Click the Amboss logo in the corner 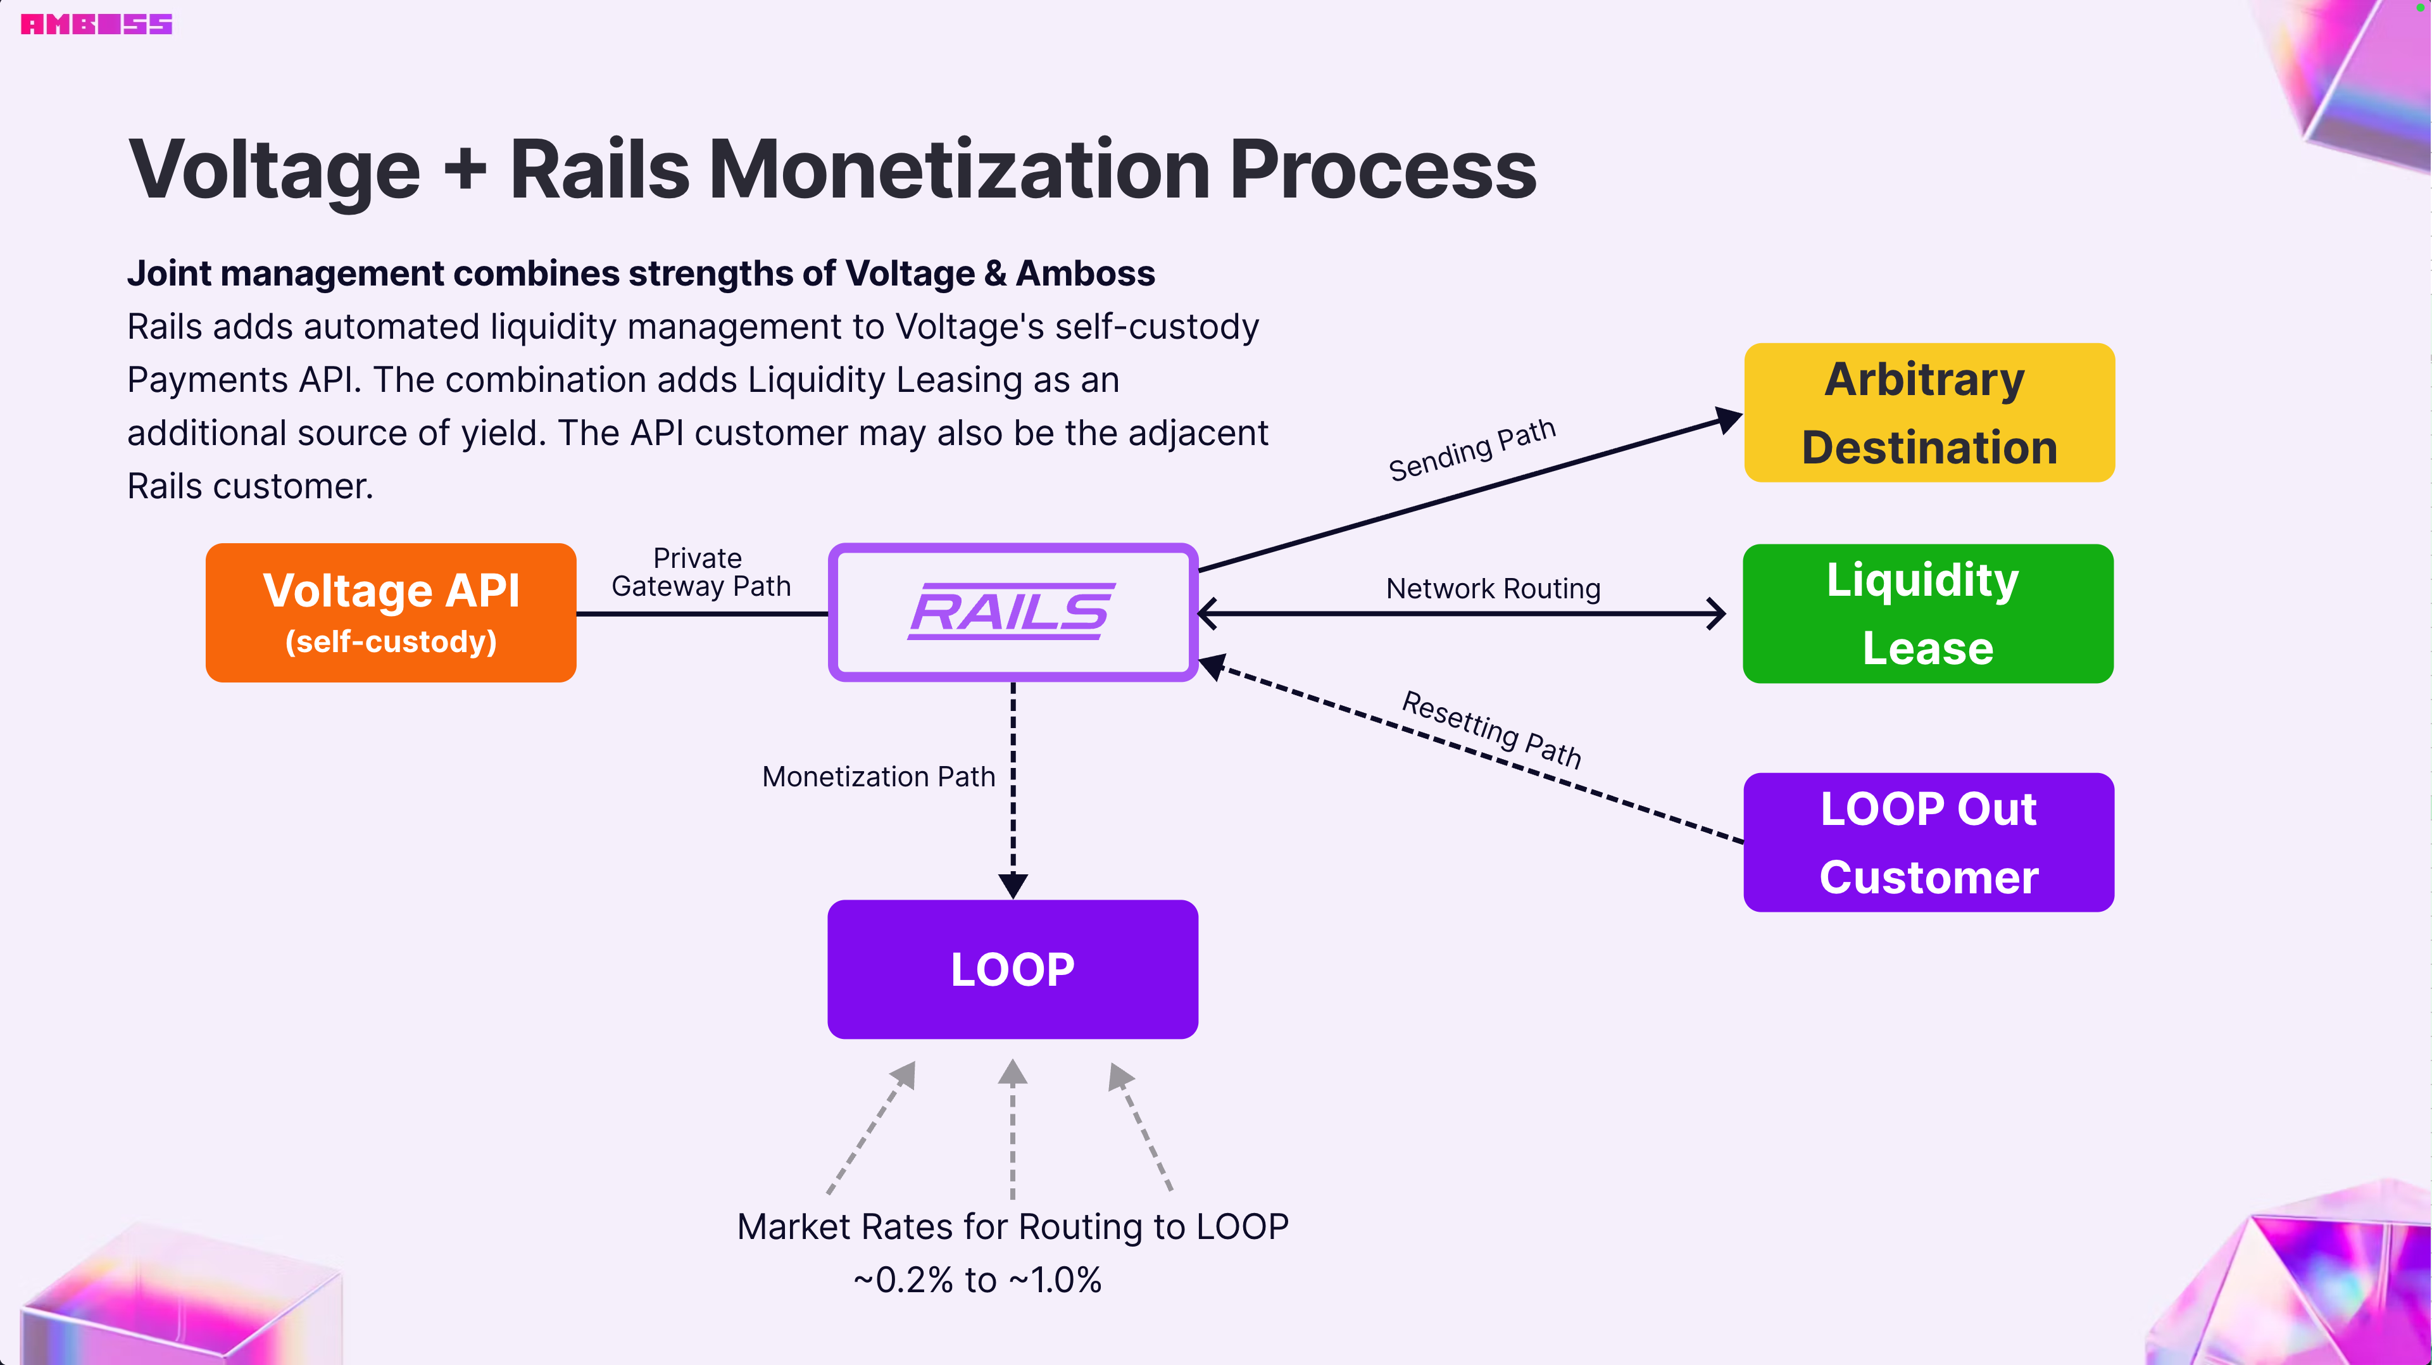pos(96,25)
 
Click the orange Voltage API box pos(391,613)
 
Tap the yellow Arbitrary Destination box pos(1929,413)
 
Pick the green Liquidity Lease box pos(1927,613)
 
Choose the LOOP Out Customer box pos(1928,842)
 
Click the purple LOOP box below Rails pos(1012,969)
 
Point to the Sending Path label pos(1471,450)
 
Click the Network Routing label pos(1493,588)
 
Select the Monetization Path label pos(878,776)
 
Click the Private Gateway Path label pos(701,572)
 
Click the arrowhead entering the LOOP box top pos(1013,886)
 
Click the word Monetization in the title pos(959,170)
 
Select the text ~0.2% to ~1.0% pos(977,1280)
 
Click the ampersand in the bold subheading pos(995,274)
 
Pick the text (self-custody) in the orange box pos(391,642)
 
